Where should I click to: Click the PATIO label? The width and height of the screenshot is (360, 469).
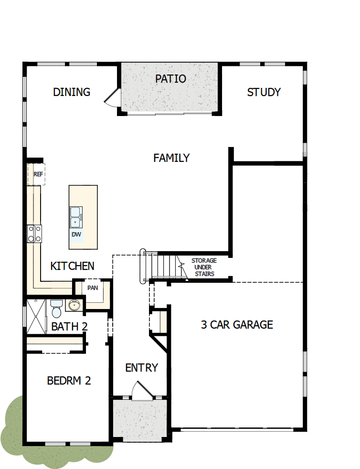click(x=170, y=79)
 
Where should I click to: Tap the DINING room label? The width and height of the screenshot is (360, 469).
click(x=72, y=92)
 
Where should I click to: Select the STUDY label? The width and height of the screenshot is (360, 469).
click(x=264, y=92)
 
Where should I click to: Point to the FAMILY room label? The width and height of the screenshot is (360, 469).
click(x=171, y=158)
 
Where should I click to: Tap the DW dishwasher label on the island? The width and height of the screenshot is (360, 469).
click(x=76, y=234)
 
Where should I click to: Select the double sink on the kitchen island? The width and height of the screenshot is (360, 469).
click(x=75, y=217)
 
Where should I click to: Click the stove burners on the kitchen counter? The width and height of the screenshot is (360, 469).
click(x=34, y=234)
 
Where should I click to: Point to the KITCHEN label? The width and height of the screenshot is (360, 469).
click(x=73, y=266)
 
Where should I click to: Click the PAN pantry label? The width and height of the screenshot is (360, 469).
click(x=93, y=288)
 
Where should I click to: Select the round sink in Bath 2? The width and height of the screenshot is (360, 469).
click(x=73, y=305)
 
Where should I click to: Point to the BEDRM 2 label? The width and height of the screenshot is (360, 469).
click(x=69, y=381)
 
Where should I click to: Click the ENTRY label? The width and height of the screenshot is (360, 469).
click(x=141, y=368)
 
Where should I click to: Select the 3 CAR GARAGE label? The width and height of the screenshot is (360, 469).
click(x=237, y=325)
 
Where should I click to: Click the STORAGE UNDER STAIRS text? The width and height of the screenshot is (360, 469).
click(x=204, y=267)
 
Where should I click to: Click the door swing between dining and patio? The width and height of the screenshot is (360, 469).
click(x=111, y=98)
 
